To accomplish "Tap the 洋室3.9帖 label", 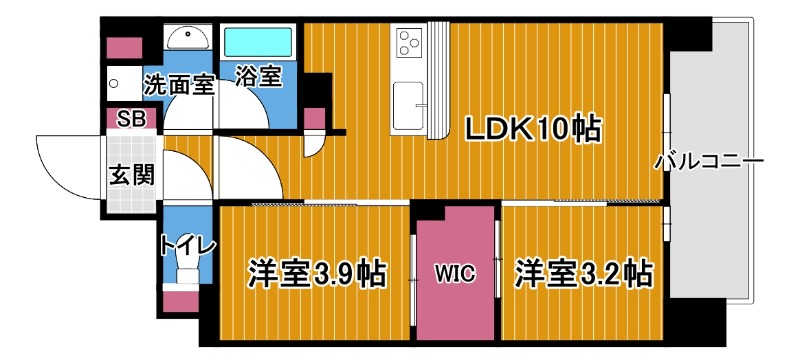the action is (318, 272).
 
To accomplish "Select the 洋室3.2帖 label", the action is (584, 272).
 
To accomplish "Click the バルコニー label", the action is (709, 161).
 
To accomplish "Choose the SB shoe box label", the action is (131, 119).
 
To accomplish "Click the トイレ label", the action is (180, 243).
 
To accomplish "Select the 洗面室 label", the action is (178, 84).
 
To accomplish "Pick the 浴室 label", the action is (257, 77).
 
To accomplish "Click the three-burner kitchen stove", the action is (410, 43).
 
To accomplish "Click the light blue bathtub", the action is (257, 43).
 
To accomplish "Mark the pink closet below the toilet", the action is (180, 300).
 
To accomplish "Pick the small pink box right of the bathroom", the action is (314, 117).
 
